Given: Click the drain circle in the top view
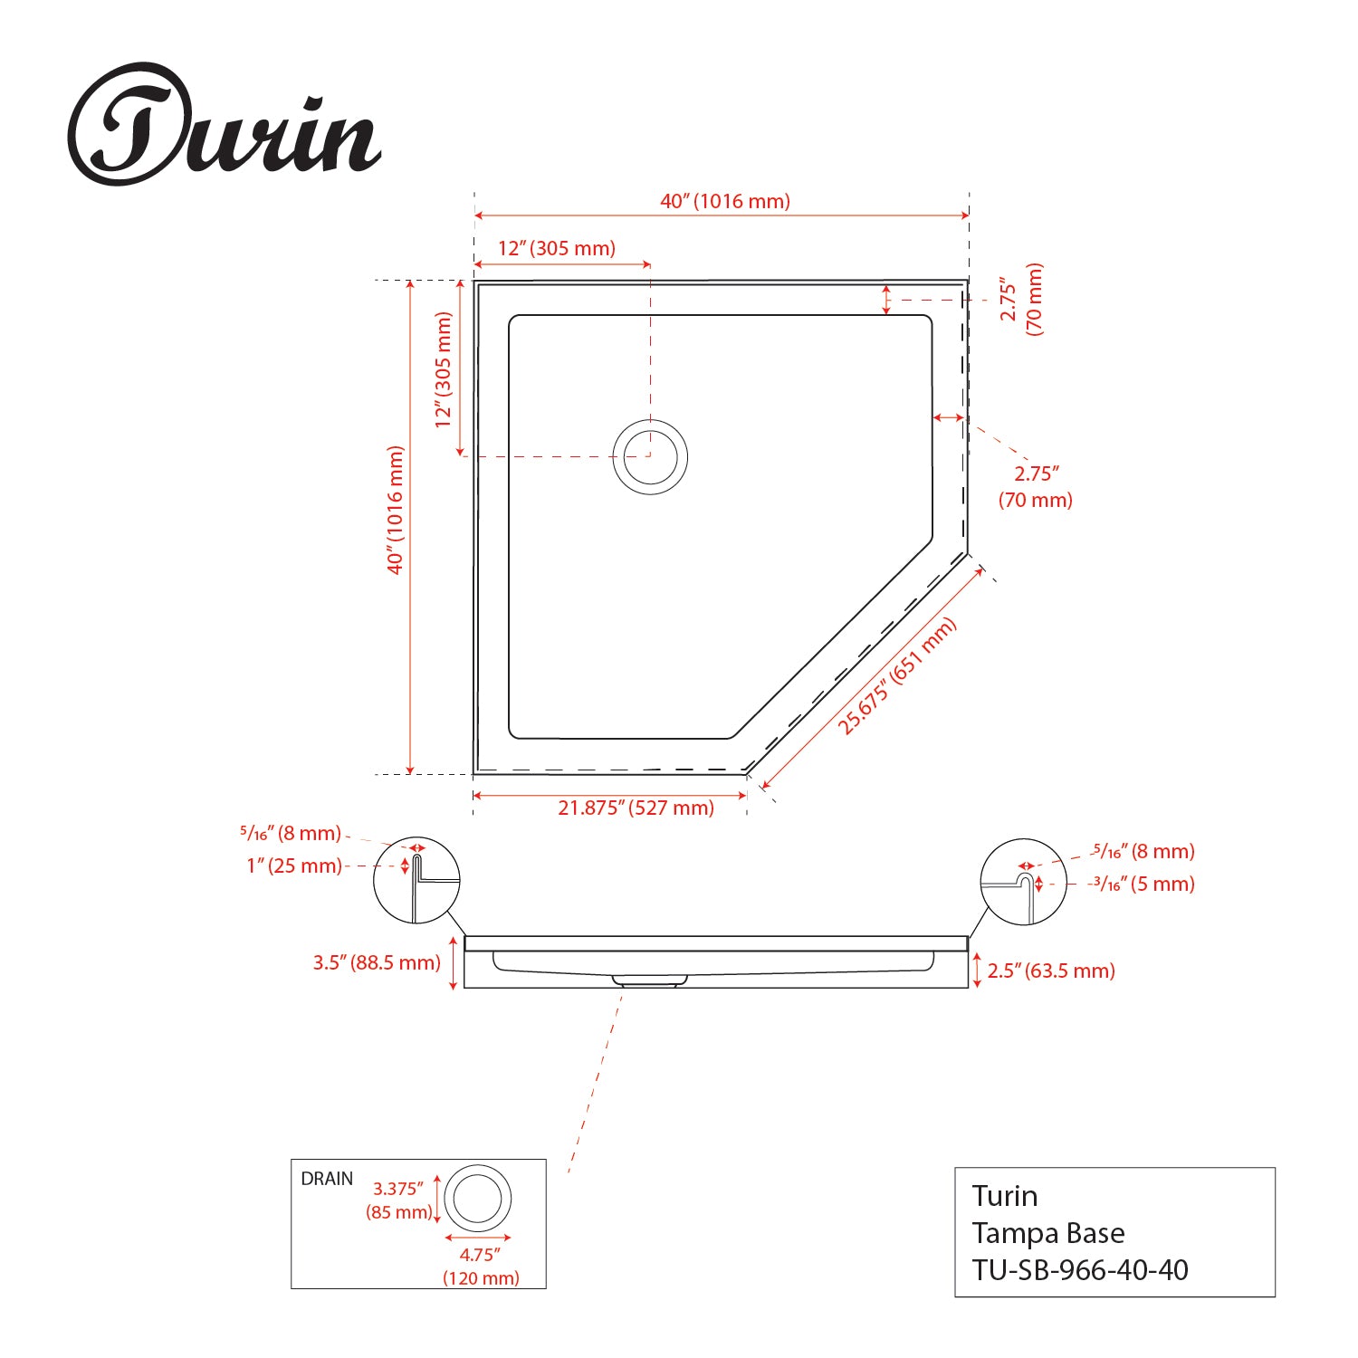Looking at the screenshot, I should click(x=650, y=457).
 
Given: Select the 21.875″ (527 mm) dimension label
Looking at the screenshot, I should click(x=636, y=808).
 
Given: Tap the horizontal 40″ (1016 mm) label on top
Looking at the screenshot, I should click(x=724, y=201).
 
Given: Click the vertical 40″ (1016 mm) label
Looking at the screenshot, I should click(x=396, y=510).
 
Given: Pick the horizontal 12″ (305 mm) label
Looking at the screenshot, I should click(x=556, y=248).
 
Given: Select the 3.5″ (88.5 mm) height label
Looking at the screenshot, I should click(x=377, y=962).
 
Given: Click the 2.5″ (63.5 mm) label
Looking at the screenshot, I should click(x=1050, y=971).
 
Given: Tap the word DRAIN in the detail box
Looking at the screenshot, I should click(x=327, y=1179).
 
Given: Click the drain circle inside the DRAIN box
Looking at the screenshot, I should click(x=478, y=1199).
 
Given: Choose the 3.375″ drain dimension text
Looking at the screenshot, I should click(x=399, y=1189).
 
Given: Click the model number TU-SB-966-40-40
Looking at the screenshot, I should click(x=1080, y=1270).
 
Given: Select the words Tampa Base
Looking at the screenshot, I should click(x=1048, y=1233).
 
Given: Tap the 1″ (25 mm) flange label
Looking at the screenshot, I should click(x=294, y=866).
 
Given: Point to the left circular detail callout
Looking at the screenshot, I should click(x=416, y=881).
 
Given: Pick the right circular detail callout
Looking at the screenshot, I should click(x=1023, y=881).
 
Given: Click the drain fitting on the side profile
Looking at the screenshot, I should click(x=648, y=980).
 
